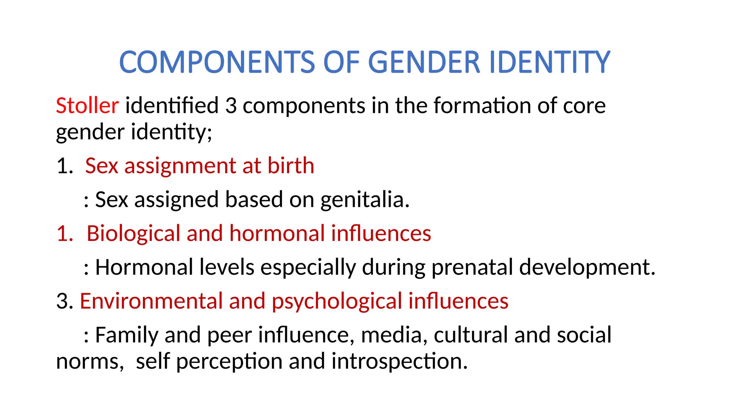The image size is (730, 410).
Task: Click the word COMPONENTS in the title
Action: pos(217,62)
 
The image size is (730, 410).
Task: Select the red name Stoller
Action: pos(87,106)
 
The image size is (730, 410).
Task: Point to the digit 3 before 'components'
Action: pos(231,106)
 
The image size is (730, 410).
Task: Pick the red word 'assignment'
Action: pos(180,166)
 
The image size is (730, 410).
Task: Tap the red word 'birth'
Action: pos(291,166)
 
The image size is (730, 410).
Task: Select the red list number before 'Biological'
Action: pos(65,234)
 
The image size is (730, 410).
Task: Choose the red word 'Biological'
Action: pos(133,234)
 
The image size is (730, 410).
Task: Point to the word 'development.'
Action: pos(587,267)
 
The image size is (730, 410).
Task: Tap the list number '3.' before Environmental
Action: pos(65,301)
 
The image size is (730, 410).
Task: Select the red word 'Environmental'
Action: pos(151,301)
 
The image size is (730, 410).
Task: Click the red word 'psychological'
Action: pos(337,301)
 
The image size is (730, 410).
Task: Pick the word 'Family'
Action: pos(127,335)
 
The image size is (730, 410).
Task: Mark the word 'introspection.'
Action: pos(399,362)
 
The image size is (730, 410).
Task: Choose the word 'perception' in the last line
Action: pos(229,362)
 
